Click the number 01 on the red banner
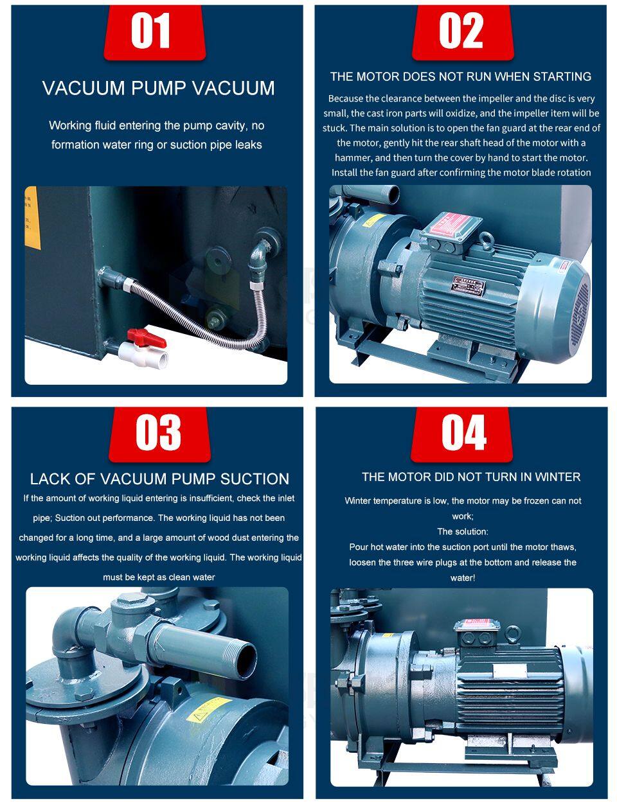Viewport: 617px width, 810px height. [x=151, y=31]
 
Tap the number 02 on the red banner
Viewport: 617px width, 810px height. [x=461, y=31]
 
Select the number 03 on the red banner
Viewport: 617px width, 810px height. [x=159, y=433]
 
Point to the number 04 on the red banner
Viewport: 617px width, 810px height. [x=463, y=433]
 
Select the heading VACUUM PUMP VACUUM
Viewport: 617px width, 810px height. [x=158, y=89]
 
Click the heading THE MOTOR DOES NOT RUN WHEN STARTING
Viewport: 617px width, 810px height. [x=460, y=76]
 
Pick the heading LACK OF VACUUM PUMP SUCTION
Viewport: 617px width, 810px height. [x=159, y=479]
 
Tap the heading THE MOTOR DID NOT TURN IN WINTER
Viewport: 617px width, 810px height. [x=470, y=477]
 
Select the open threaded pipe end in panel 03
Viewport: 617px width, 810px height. [x=245, y=658]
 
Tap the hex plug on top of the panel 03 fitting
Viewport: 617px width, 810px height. [x=129, y=604]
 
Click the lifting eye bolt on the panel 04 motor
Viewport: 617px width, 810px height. [x=512, y=635]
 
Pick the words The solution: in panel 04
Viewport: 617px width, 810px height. [x=463, y=531]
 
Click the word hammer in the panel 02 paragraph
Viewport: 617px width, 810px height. [x=353, y=157]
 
